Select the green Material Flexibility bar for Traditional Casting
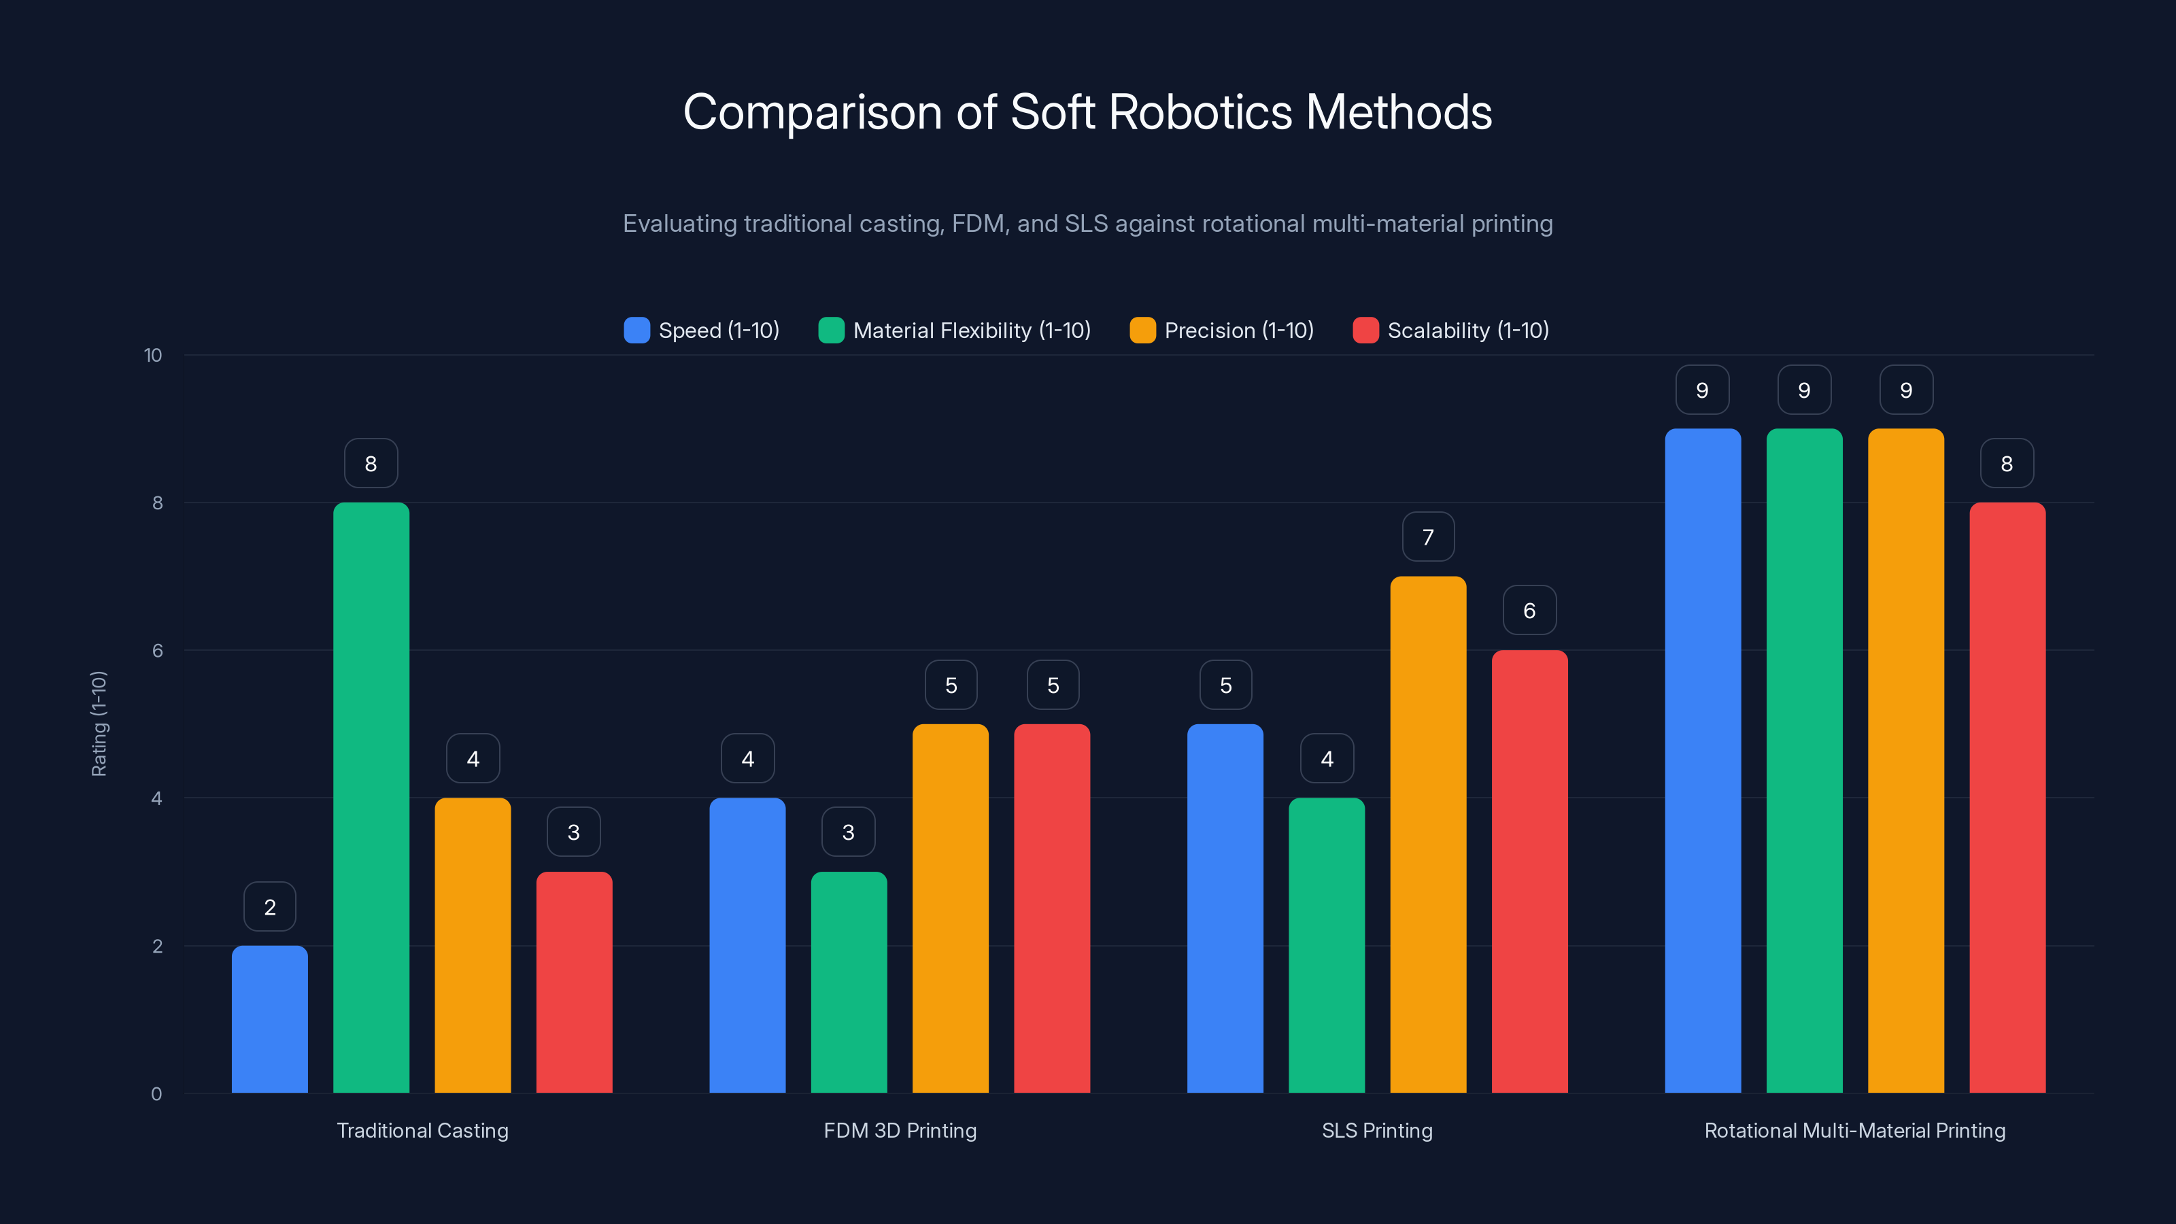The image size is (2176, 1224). tap(371, 798)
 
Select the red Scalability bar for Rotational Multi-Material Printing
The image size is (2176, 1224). tap(2007, 798)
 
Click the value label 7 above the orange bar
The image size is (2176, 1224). tap(1427, 537)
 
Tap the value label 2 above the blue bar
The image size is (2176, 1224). tap(269, 906)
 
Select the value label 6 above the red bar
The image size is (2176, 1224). tap(1529, 610)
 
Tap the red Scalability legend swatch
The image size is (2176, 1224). tap(1365, 330)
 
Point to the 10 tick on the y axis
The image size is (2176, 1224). tap(153, 355)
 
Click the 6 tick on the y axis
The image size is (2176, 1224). tap(157, 651)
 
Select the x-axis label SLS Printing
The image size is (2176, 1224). tap(1377, 1130)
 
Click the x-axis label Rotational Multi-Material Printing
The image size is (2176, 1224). tap(1854, 1130)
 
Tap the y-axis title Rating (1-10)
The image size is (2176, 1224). tap(99, 724)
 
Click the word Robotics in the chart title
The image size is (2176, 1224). tap(1200, 112)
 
